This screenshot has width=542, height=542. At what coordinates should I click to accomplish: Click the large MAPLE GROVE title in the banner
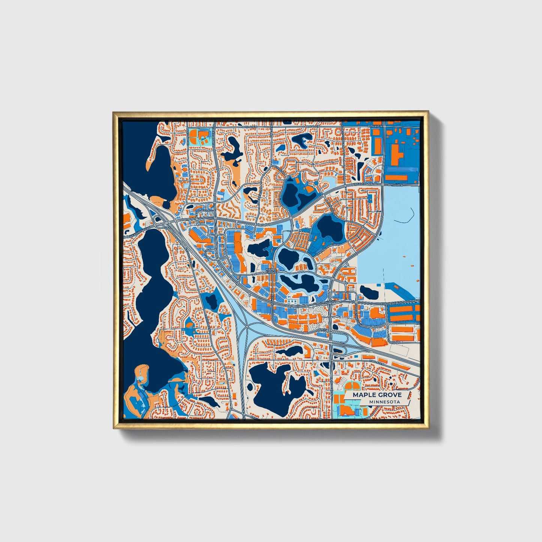tap(377, 395)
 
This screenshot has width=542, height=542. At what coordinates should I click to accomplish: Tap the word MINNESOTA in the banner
tap(384, 402)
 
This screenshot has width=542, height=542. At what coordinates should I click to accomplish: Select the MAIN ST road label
tap(321, 329)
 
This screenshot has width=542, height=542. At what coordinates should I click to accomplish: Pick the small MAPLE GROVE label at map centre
tap(270, 271)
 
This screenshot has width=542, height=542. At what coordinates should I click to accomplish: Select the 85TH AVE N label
tap(395, 185)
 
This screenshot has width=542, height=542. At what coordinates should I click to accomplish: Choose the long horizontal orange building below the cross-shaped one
tap(396, 177)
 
